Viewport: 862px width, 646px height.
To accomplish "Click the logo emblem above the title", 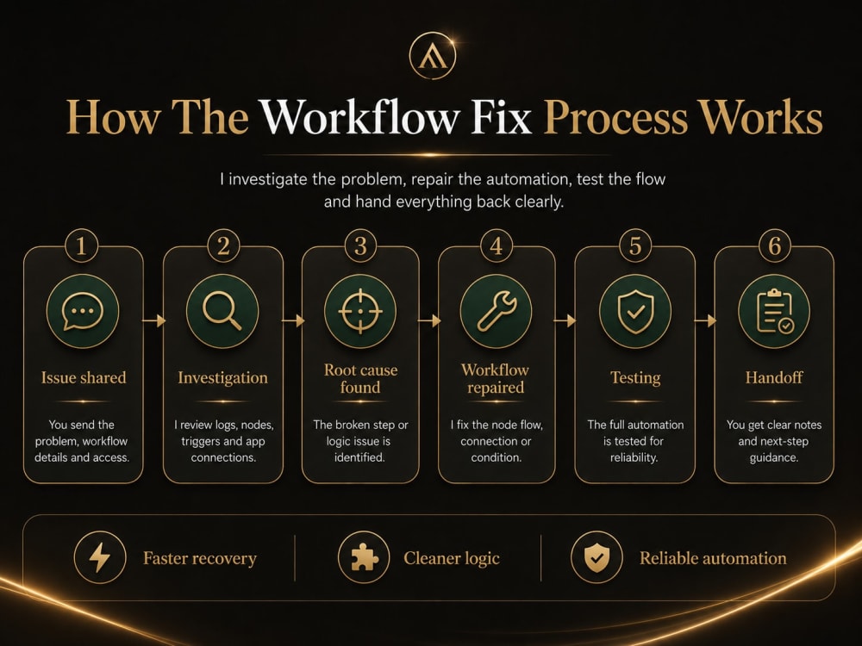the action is point(433,55).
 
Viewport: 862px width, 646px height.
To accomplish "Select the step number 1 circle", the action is point(81,245).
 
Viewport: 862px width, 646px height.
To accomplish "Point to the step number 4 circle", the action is point(497,245).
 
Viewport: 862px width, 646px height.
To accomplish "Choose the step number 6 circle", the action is point(774,245).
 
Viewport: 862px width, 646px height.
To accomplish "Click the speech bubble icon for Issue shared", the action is point(83,311).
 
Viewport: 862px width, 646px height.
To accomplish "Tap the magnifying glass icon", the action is point(222,311).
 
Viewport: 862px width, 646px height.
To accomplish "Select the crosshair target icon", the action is point(360,311).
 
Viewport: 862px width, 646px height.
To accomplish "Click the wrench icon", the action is point(496,311).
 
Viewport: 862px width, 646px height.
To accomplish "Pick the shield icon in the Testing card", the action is point(635,311).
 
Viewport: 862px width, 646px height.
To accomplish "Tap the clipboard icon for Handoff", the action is point(774,311).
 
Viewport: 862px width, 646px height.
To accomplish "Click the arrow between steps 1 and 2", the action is point(153,320).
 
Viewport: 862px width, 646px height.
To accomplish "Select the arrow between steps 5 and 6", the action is point(705,320).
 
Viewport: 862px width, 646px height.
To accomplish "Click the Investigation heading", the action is point(222,378).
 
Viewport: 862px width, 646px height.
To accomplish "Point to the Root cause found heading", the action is point(360,378).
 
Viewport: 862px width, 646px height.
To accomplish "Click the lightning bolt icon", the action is point(99,557).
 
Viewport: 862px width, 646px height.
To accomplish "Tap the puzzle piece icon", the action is point(364,557).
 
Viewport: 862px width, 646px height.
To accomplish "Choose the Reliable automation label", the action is point(713,558).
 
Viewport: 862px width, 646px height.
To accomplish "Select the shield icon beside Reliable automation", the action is point(597,557).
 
